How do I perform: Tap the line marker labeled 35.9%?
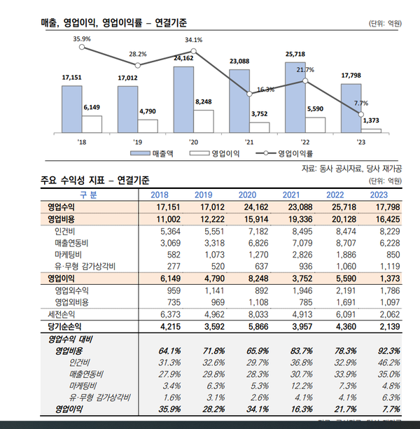83,47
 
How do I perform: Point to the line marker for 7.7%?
361,113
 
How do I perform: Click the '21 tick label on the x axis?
250,140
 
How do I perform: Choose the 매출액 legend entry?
155,153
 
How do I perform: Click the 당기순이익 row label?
65,325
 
